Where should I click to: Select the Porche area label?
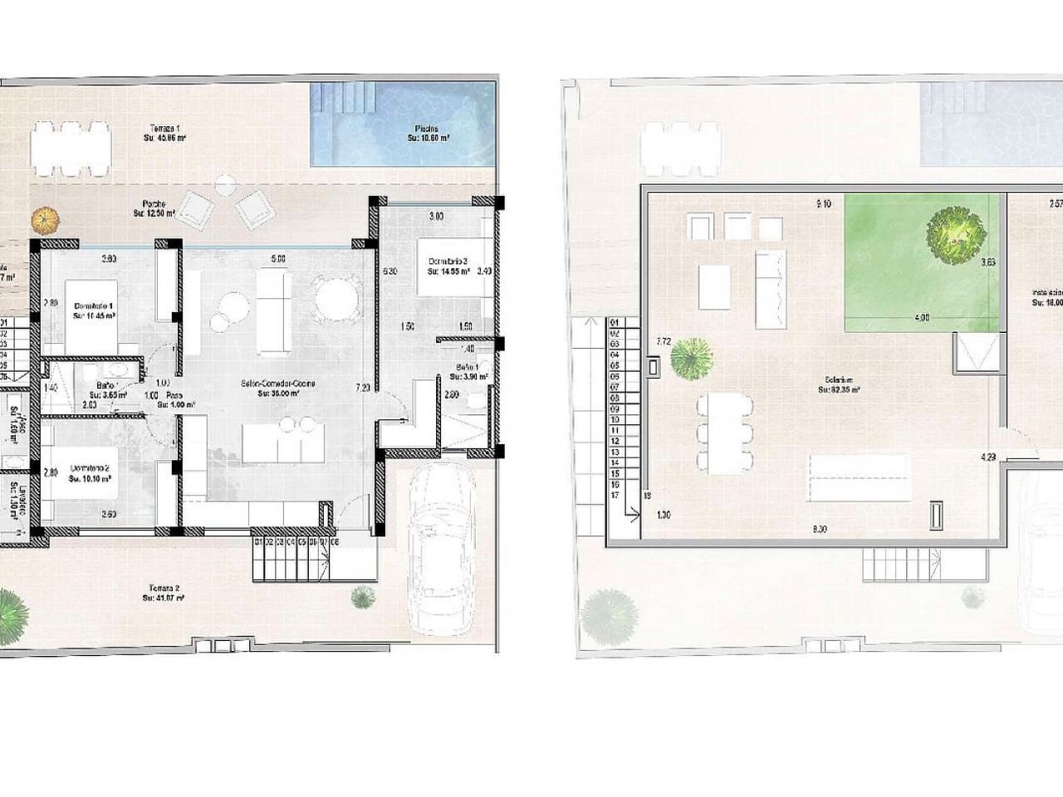(x=154, y=208)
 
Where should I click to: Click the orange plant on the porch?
(x=47, y=220)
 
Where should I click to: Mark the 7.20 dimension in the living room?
(x=362, y=388)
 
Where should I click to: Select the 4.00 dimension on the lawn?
(x=921, y=317)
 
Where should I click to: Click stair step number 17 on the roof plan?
(x=615, y=495)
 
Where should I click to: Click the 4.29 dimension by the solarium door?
(x=987, y=456)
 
